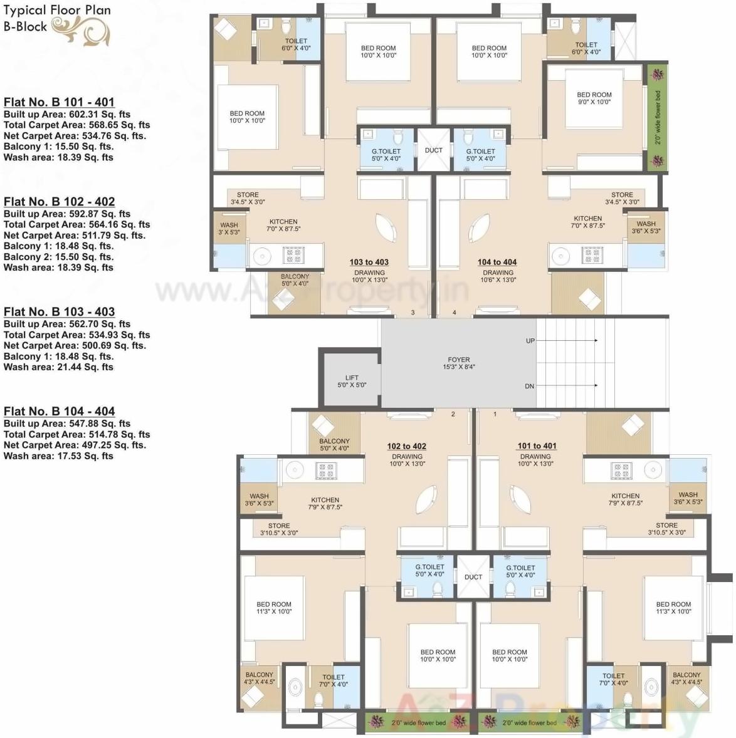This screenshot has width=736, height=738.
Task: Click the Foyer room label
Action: coord(459,363)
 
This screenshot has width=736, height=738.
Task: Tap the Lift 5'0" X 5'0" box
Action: coord(351,381)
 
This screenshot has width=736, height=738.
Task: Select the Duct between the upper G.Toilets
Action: coord(433,150)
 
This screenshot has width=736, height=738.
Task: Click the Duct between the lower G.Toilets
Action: coord(473,577)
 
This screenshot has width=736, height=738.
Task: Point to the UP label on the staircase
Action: coord(530,341)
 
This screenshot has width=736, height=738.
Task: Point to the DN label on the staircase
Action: coord(530,386)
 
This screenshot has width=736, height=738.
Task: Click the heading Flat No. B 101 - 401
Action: coord(59,102)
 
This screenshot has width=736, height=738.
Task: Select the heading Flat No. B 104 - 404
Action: coord(59,411)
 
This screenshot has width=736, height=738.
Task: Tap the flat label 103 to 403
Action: coord(369,262)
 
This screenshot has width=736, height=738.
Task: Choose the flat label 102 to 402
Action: coord(406,446)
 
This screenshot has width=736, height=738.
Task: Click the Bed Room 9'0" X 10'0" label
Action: coord(594,98)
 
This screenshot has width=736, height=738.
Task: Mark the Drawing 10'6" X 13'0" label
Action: coord(498,276)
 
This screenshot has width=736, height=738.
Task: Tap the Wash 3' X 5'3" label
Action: coord(229,228)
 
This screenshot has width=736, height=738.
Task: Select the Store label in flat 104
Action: coord(622,198)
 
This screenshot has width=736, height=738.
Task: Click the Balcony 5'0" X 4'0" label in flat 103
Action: coord(295,280)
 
